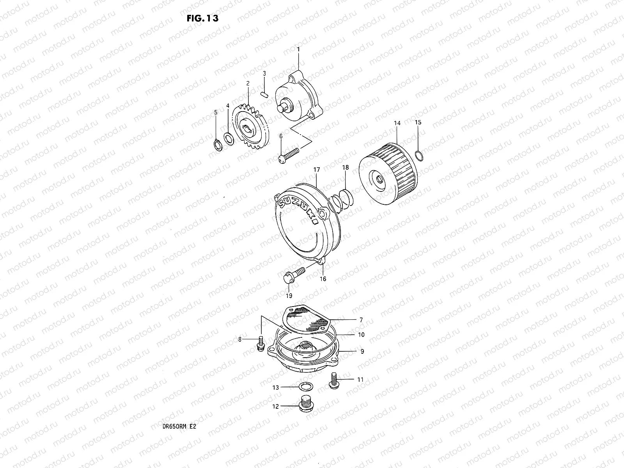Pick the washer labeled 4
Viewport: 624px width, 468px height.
pyautogui.click(x=229, y=138)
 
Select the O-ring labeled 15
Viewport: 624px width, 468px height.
pyautogui.click(x=418, y=156)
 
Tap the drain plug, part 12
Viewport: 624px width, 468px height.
pyautogui.click(x=306, y=405)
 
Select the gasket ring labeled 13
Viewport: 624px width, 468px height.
pyautogui.click(x=305, y=387)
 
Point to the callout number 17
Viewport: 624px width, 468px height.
pyautogui.click(x=316, y=170)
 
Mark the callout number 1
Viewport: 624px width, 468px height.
pyautogui.click(x=298, y=50)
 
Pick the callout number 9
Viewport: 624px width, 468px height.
pyautogui.click(x=362, y=351)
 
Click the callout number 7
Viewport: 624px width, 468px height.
pyautogui.click(x=361, y=320)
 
